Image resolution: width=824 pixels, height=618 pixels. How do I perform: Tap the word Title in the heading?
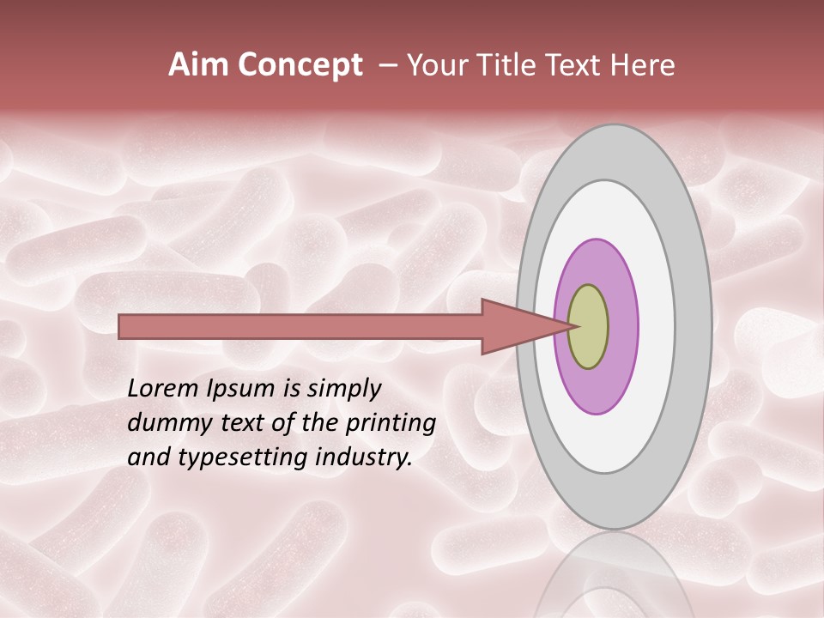point(506,65)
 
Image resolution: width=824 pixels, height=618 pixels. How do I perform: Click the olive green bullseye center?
point(589,327)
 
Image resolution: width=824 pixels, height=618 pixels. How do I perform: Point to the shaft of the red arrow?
point(300,327)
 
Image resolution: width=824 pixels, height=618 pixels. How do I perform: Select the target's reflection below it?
point(615,579)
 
